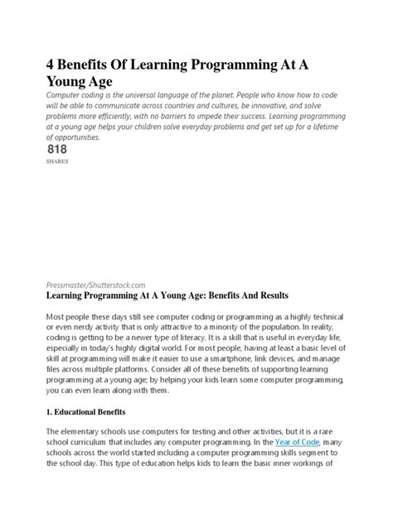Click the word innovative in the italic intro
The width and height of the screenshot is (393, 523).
pos(284,108)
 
